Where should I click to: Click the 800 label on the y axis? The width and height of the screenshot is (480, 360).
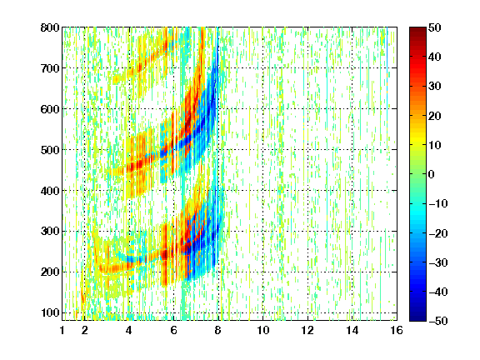tap(50, 27)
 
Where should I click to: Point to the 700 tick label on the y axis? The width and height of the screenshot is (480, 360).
tap(50, 68)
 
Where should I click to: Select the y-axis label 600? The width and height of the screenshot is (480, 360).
tap(50, 109)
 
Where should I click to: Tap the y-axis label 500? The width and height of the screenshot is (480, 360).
tap(50, 150)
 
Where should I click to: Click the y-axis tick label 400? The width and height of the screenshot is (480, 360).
tap(50, 191)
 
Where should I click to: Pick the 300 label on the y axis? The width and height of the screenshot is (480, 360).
tap(50, 232)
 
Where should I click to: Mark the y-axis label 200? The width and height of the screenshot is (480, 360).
tap(50, 272)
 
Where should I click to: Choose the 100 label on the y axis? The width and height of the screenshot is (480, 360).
tap(50, 312)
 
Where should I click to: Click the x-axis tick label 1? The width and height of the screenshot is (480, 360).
tap(62, 330)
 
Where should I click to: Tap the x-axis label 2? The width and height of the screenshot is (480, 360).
tap(84, 330)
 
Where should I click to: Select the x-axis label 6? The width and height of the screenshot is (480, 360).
tap(173, 330)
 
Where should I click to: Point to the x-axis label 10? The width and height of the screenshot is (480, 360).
tap(262, 330)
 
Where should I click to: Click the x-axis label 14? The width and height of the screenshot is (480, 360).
tap(352, 330)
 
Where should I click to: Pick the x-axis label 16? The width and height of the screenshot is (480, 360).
tap(397, 330)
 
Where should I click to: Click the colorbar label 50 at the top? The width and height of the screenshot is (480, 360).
tap(434, 27)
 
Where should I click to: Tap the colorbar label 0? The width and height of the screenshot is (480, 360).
tap(432, 174)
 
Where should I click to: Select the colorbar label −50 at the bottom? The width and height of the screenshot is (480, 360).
tap(438, 321)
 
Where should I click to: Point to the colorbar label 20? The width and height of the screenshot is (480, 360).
tap(434, 116)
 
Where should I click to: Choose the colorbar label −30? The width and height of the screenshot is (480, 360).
tap(438, 262)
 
